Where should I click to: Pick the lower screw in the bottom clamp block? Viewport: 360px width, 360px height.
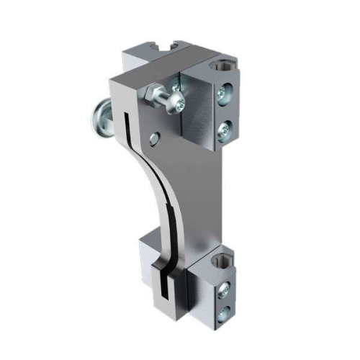225,312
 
